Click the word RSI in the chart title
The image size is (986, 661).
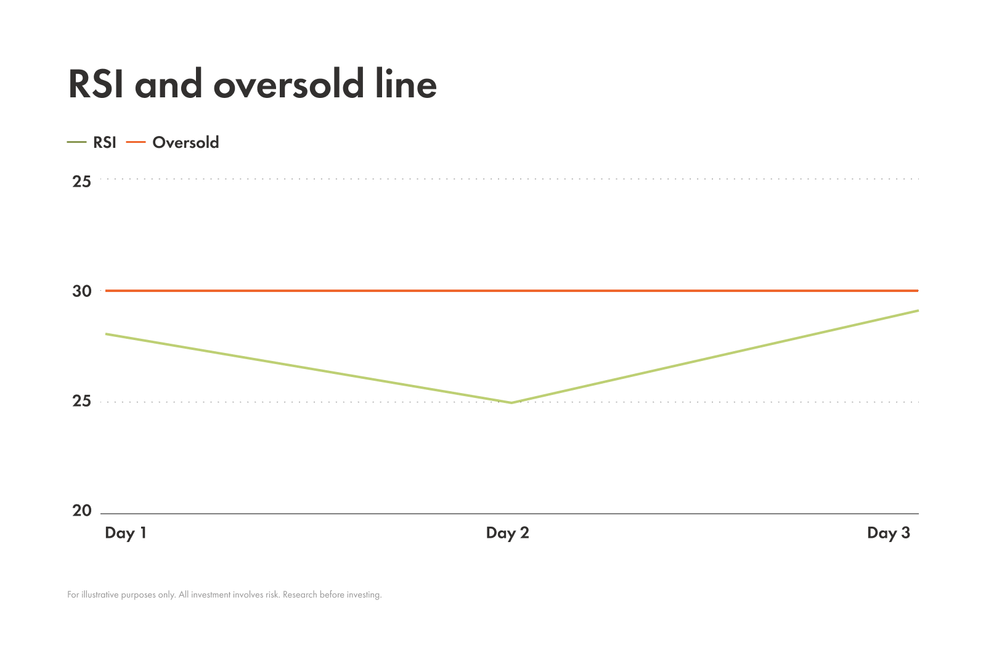pyautogui.click(x=98, y=84)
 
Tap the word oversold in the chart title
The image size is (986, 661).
pyautogui.click(x=289, y=84)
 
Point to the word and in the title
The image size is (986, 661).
pyautogui.click(x=168, y=84)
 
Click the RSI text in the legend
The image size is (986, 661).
pyautogui.click(x=105, y=142)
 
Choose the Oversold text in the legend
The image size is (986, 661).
pyautogui.click(x=185, y=142)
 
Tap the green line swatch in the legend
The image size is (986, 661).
pyautogui.click(x=76, y=142)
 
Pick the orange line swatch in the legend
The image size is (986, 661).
pyautogui.click(x=136, y=142)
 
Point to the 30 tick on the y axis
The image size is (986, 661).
pyautogui.click(x=82, y=291)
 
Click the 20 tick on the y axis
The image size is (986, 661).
pyautogui.click(x=82, y=511)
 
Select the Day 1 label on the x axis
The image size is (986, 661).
pyautogui.click(x=126, y=533)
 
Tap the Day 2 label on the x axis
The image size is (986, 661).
pyautogui.click(x=507, y=533)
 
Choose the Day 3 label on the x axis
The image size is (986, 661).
pyautogui.click(x=888, y=533)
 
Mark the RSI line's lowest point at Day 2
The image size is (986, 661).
pyautogui.click(x=511, y=402)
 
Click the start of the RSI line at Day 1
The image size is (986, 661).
pyautogui.click(x=106, y=334)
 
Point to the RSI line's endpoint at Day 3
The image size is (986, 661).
pyautogui.click(x=918, y=310)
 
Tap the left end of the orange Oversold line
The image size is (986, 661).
pyautogui.click(x=107, y=291)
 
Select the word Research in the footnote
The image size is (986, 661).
pyautogui.click(x=299, y=595)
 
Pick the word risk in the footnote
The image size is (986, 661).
pyautogui.click(x=272, y=595)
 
